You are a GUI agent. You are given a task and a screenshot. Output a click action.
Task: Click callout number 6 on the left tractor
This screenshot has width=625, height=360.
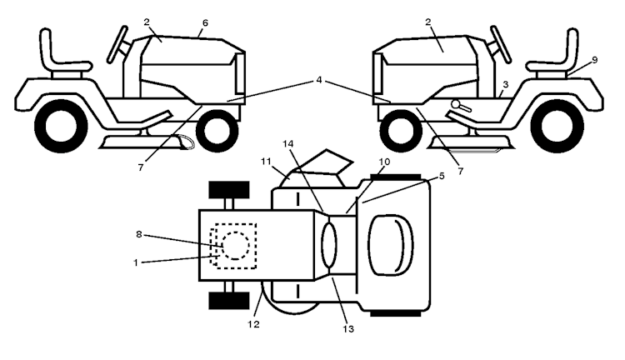tap(205, 23)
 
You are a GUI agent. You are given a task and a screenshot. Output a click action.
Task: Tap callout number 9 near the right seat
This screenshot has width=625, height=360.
tap(595, 60)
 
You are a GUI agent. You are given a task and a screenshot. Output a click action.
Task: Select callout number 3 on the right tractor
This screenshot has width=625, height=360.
tap(506, 84)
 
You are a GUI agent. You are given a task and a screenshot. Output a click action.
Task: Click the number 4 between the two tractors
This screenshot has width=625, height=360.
tap(319, 80)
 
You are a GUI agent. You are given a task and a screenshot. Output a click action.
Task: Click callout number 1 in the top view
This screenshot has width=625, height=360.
tap(136, 262)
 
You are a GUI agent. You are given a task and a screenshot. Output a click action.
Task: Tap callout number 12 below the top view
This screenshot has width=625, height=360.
tap(253, 324)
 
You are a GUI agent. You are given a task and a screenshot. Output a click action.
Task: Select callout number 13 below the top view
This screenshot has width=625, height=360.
tap(348, 329)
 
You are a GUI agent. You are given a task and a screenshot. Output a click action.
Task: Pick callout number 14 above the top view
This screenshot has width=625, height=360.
tap(287, 143)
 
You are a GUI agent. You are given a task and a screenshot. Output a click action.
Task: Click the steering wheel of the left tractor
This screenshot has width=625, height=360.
tap(118, 44)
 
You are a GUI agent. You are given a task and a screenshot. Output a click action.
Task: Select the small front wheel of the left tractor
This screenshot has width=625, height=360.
tap(217, 130)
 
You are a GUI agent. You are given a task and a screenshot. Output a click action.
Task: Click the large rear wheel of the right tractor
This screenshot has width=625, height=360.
tap(557, 126)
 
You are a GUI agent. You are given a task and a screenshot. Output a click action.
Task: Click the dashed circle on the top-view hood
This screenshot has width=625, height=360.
tap(236, 246)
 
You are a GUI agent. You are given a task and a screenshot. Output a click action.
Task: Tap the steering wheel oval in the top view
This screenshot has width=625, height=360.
tap(329, 245)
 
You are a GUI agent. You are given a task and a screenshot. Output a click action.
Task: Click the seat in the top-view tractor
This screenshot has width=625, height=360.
tap(391, 245)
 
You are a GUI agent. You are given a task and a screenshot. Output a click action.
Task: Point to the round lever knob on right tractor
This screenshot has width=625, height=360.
tap(456, 104)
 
